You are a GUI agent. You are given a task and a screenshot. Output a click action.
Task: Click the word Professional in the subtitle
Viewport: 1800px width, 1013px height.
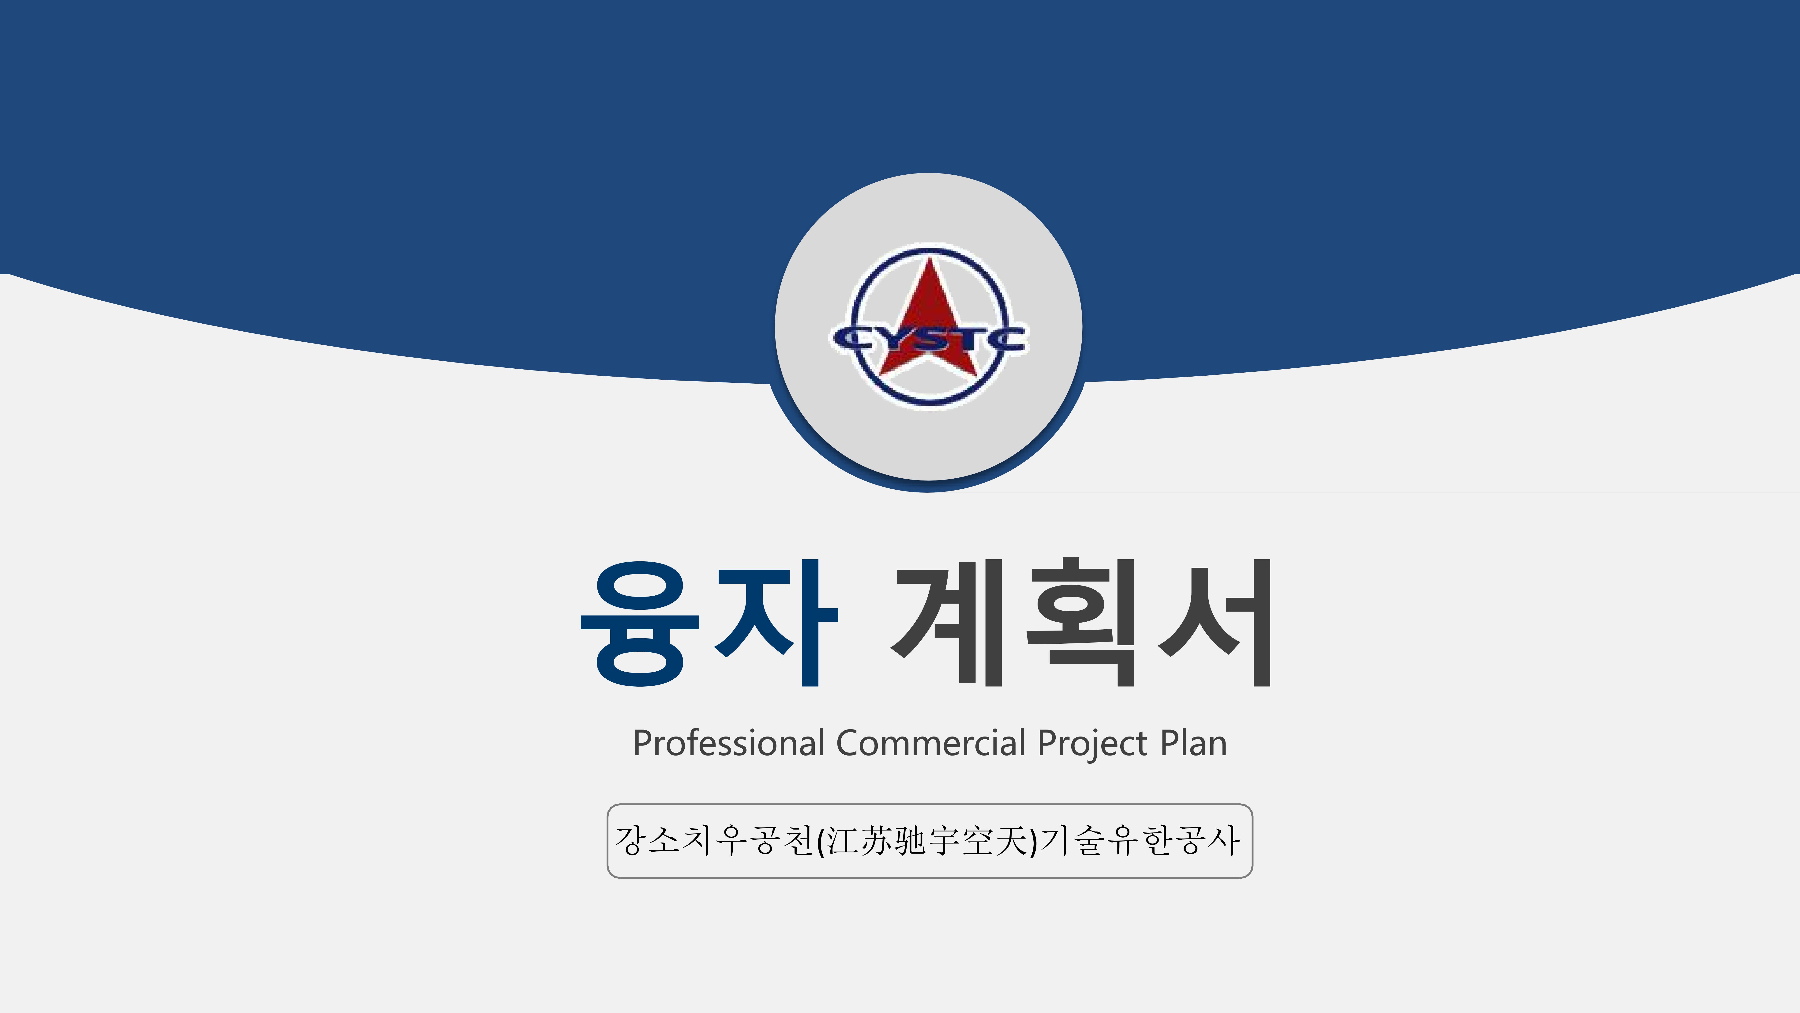pyautogui.click(x=729, y=743)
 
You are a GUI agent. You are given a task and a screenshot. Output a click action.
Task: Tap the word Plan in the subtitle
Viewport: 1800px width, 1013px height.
pyautogui.click(x=1193, y=743)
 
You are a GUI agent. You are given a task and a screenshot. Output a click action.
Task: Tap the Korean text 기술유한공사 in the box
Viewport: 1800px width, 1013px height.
pyautogui.click(x=1140, y=840)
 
